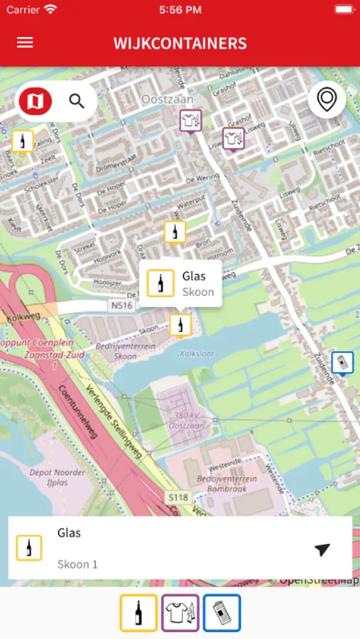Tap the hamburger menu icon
tap(25, 43)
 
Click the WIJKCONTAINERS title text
tap(180, 43)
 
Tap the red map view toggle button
tap(35, 102)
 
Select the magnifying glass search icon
tap(77, 102)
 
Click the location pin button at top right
tap(327, 100)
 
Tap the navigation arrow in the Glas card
tap(322, 550)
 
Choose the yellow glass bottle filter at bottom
tap(138, 613)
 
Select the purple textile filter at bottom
tap(180, 613)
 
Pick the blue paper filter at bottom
tap(222, 613)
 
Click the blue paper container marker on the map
tap(342, 363)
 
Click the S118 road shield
tap(179, 497)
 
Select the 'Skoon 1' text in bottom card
tap(77, 564)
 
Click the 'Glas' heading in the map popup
tap(194, 276)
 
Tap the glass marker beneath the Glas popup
tap(180, 324)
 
